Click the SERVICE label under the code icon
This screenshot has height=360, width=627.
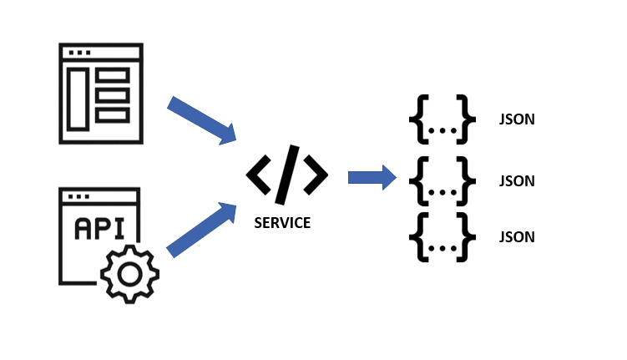point(282,223)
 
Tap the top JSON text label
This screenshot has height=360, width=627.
point(516,119)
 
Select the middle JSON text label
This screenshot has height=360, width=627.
point(516,180)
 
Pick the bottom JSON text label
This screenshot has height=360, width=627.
point(516,236)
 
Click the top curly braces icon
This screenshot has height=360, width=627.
point(442,119)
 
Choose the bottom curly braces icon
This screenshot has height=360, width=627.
point(442,236)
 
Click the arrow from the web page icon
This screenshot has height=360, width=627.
point(201,120)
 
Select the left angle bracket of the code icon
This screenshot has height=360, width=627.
point(259,175)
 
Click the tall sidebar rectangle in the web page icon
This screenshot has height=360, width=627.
point(78,99)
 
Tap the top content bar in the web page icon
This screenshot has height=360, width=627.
point(113,76)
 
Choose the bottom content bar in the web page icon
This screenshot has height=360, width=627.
point(113,114)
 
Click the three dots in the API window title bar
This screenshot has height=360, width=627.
point(79,198)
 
